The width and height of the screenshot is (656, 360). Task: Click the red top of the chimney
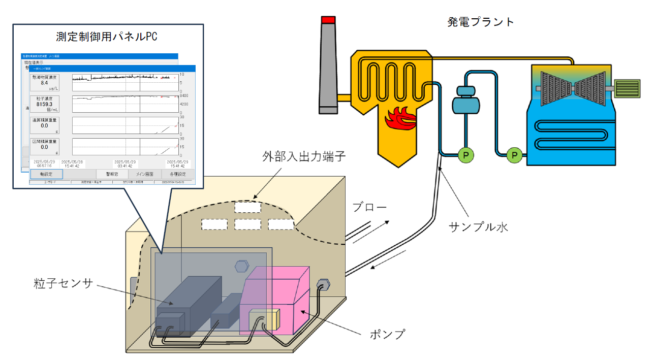point(328,19)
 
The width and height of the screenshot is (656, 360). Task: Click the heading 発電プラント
point(481,22)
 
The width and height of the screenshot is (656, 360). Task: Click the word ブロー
point(369,207)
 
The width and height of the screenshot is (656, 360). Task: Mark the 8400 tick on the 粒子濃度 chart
point(184,95)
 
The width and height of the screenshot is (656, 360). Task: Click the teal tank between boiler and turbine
point(466,101)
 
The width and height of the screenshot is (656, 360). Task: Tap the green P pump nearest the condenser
point(515,153)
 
